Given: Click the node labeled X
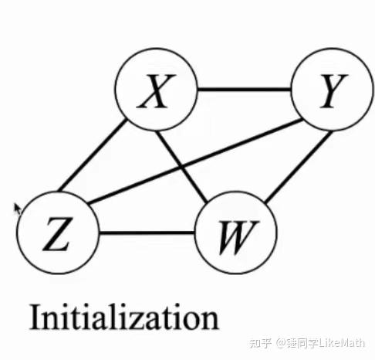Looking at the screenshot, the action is click(156, 90).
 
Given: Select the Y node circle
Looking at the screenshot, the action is click(333, 90).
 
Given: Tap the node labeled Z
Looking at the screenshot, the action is click(58, 233).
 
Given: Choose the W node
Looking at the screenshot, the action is click(236, 233).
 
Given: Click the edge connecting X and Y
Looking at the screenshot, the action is click(244, 90).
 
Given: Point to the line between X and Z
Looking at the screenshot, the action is click(93, 155).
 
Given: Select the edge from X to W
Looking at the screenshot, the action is click(181, 167).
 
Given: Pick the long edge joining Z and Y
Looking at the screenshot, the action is click(194, 161).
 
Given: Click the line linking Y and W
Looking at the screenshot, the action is click(297, 167).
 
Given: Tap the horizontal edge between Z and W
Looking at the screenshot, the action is click(147, 233).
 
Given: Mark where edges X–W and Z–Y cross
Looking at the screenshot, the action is click(182, 167).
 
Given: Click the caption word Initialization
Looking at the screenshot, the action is click(124, 317).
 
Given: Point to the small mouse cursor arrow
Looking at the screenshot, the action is click(18, 209).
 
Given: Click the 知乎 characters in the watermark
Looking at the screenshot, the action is click(260, 343).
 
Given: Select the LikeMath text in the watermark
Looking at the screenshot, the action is click(341, 343).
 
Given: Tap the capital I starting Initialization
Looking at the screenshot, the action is click(35, 318).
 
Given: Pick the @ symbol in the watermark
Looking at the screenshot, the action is click(282, 343).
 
